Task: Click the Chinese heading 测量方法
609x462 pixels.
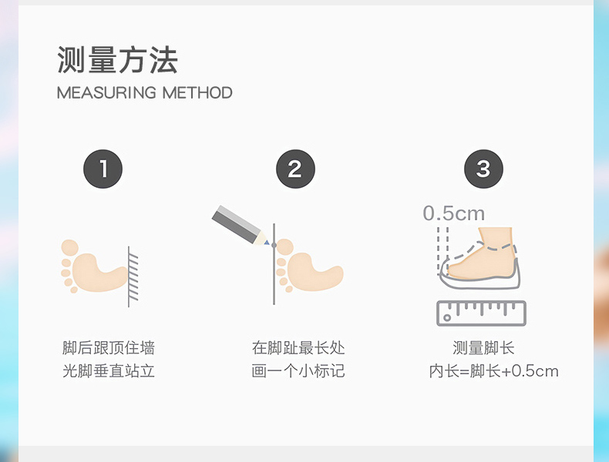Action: pyautogui.click(x=117, y=60)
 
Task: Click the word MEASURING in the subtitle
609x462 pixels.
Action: pyautogui.click(x=106, y=92)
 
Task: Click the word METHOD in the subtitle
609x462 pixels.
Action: pyautogui.click(x=197, y=92)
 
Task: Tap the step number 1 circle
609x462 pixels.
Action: pyautogui.click(x=103, y=169)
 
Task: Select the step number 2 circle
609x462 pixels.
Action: pyautogui.click(x=295, y=169)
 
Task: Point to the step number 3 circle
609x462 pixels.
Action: pyautogui.click(x=483, y=169)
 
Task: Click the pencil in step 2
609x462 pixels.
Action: pyautogui.click(x=240, y=225)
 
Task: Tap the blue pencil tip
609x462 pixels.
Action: pyautogui.click(x=267, y=243)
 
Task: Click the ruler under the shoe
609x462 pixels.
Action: pyautogui.click(x=481, y=313)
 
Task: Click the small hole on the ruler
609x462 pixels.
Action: pyautogui.click(x=447, y=318)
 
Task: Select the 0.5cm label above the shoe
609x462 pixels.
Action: pyautogui.click(x=453, y=213)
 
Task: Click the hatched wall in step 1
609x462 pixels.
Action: pyautogui.click(x=133, y=276)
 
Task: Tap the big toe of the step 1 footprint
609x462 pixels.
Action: pyautogui.click(x=70, y=248)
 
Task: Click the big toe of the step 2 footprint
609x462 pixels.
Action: pyautogui.click(x=285, y=247)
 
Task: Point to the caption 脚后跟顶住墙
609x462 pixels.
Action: pyautogui.click(x=109, y=347)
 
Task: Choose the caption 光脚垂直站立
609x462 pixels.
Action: pyautogui.click(x=109, y=371)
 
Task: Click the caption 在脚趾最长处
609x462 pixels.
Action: pyautogui.click(x=298, y=347)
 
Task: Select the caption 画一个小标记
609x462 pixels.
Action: pyautogui.click(x=298, y=371)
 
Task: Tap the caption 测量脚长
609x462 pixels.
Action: pyautogui.click(x=483, y=347)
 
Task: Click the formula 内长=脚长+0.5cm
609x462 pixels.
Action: pyautogui.click(x=493, y=371)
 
